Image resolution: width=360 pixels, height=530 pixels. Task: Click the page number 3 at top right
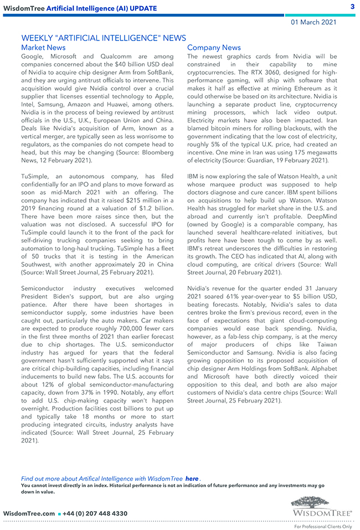point(352,7)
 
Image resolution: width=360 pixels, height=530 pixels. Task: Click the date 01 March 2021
point(313,22)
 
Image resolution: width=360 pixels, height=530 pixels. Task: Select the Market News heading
point(43,48)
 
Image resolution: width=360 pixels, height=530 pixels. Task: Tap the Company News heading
point(214,48)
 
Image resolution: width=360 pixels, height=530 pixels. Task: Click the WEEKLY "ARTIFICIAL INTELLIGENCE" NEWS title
point(104,38)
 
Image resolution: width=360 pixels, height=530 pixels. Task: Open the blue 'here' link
point(192,478)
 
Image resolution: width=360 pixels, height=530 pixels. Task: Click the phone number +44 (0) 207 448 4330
point(96,513)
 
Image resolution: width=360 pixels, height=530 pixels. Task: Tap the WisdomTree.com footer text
point(29,513)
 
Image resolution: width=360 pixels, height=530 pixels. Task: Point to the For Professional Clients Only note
point(323,526)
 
